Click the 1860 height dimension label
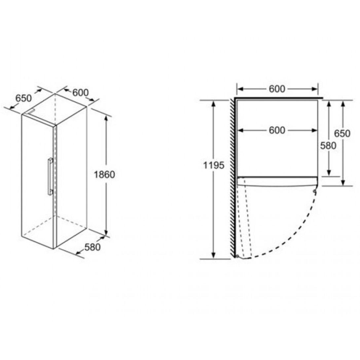104,175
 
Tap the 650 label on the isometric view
23,98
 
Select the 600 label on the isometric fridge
80,92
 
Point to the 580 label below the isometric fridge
92,247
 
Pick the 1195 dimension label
213,165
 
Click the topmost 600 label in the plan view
277,89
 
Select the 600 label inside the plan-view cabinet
277,130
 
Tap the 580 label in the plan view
328,146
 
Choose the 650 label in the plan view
342,133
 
